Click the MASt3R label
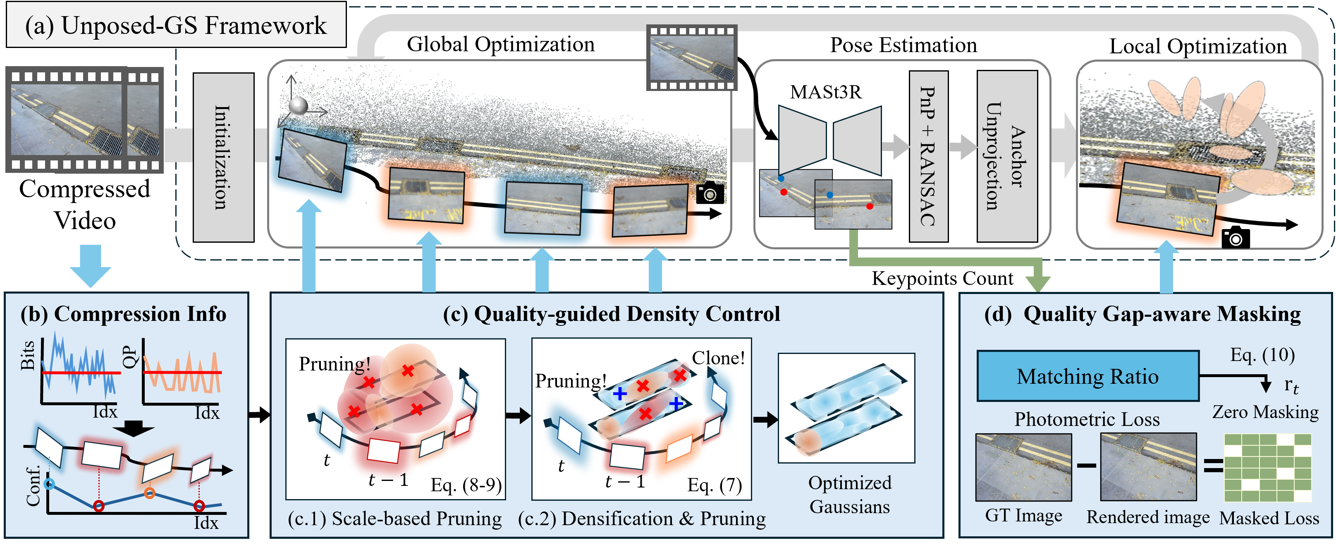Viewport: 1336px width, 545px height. (x=826, y=92)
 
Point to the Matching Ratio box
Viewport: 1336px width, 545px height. (x=1087, y=376)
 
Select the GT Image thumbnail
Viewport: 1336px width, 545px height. (x=1023, y=467)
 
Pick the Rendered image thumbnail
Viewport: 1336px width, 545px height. (x=1148, y=467)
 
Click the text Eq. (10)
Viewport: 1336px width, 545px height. (x=1262, y=355)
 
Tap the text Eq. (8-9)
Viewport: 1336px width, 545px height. (x=466, y=485)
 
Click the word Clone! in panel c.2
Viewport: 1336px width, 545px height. (x=718, y=358)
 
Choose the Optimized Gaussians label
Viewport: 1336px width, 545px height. (x=849, y=494)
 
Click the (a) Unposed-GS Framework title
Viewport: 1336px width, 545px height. (x=176, y=25)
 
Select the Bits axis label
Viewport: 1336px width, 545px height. (x=27, y=355)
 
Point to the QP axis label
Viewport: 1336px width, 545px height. (x=130, y=357)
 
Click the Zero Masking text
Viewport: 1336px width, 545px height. (x=1265, y=412)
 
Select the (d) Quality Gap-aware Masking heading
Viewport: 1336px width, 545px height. (x=1142, y=314)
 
